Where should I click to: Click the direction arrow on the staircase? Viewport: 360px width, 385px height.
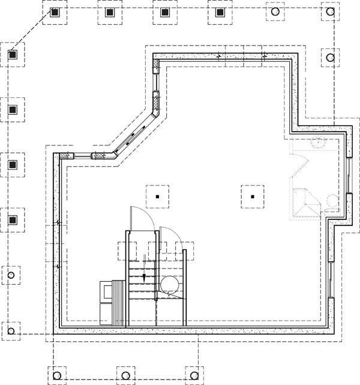point(144,277)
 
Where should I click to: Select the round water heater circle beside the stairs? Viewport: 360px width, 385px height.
point(169,284)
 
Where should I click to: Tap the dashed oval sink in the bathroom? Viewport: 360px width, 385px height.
point(317,142)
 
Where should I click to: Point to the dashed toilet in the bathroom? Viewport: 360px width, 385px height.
point(330,200)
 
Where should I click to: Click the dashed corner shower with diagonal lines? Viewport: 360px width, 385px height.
point(305,203)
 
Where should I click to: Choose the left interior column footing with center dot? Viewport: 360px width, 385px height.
point(157,196)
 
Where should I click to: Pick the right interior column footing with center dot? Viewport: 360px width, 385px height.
point(253,196)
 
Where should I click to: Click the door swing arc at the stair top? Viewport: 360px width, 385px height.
point(137,216)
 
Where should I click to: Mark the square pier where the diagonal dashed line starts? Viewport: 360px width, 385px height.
point(55,12)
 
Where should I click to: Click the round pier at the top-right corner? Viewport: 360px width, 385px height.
point(329,12)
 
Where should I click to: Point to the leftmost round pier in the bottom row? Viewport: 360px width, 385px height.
point(56,375)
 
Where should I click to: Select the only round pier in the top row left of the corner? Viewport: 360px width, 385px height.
point(275,12)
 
